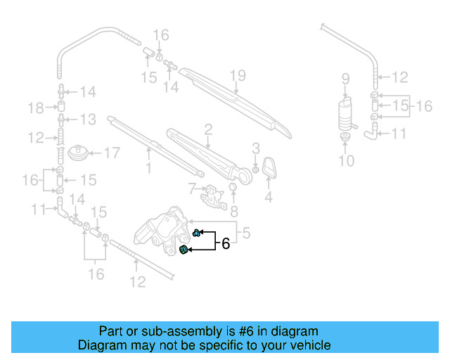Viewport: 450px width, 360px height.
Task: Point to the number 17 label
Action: point(112,152)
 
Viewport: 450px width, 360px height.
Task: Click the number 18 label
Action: point(36,107)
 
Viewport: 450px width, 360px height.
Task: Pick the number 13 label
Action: point(86,119)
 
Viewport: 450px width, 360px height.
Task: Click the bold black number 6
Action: point(226,244)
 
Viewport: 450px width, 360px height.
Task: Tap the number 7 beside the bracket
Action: point(191,188)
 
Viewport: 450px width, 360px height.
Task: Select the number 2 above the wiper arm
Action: point(208,129)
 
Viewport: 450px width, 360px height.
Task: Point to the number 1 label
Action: point(148,168)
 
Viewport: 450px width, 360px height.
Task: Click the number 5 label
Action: point(246,230)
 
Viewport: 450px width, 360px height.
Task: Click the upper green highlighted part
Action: point(198,233)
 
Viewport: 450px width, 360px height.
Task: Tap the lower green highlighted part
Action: point(184,250)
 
